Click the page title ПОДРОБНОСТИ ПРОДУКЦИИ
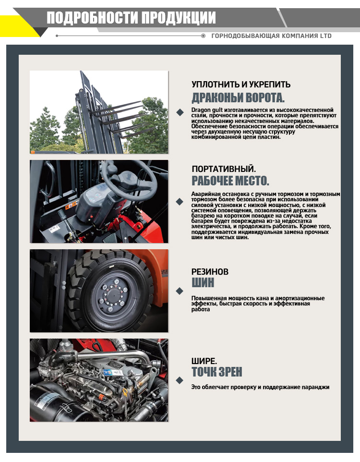(131, 18)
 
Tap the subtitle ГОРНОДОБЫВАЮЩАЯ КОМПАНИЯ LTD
(271, 36)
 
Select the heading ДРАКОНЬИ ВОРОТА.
(238, 97)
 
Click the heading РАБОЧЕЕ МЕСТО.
(230, 181)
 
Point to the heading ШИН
(203, 282)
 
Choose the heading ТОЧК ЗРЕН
(217, 372)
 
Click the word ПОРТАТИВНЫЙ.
(224, 169)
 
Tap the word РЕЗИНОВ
(210, 272)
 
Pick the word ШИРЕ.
(204, 361)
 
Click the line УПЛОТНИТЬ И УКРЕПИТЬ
(241, 85)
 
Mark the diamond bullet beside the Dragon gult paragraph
(180, 112)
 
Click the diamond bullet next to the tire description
(180, 291)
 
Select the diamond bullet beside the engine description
(180, 380)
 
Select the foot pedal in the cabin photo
(109, 238)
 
